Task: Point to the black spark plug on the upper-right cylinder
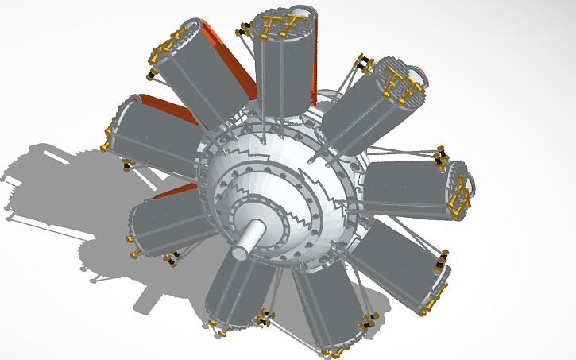pos(364,63)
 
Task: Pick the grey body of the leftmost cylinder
pos(155,139)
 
